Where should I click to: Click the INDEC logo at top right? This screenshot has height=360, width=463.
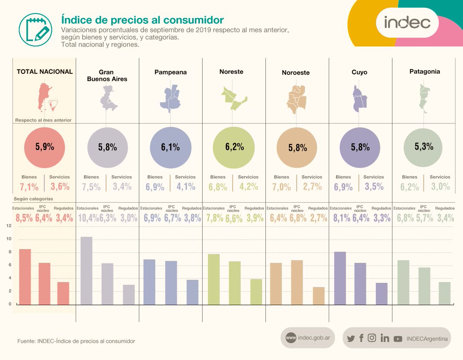pyautogui.click(x=407, y=22)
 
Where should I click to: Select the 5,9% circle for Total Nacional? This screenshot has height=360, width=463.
pyautogui.click(x=44, y=147)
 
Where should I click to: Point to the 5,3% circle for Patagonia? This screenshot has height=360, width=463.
pyautogui.click(x=424, y=147)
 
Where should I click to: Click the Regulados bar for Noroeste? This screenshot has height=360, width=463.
pyautogui.click(x=319, y=296)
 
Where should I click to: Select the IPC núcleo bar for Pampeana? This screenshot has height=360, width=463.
pyautogui.click(x=171, y=282)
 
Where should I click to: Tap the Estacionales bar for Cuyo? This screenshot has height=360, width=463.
pyautogui.click(x=340, y=278)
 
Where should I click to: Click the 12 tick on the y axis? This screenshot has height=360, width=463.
pyautogui.click(x=9, y=226)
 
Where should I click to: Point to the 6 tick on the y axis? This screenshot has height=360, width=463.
pyautogui.click(x=9, y=265)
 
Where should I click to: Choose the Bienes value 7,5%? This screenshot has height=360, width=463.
pyautogui.click(x=91, y=187)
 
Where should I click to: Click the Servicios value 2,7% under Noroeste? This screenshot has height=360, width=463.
pyautogui.click(x=312, y=187)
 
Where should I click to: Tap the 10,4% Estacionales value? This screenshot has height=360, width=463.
pyautogui.click(x=88, y=218)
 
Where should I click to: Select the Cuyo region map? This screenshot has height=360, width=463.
pyautogui.click(x=360, y=99)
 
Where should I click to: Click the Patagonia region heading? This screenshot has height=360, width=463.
pyautogui.click(x=424, y=71)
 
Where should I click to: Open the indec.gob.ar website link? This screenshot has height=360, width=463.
pyautogui.click(x=308, y=338)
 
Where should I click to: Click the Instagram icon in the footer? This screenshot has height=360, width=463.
pyautogui.click(x=372, y=338)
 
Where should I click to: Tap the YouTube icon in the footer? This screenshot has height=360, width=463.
pyautogui.click(x=398, y=339)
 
